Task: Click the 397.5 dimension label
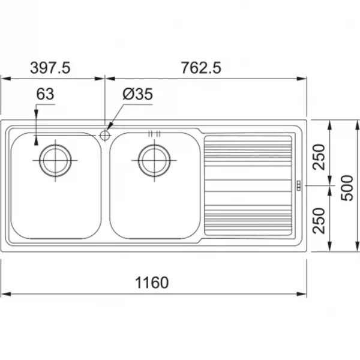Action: coord(50,68)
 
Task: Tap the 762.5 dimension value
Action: coord(201,68)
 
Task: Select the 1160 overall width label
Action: coord(152,283)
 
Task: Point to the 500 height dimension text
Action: coord(347,188)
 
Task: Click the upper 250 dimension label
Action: coord(319,157)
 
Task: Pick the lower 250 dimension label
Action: coord(319,221)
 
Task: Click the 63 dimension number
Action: coord(45,94)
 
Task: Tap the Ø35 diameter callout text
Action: coord(137,94)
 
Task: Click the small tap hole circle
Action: coord(104,135)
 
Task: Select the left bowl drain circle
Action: coord(55,160)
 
